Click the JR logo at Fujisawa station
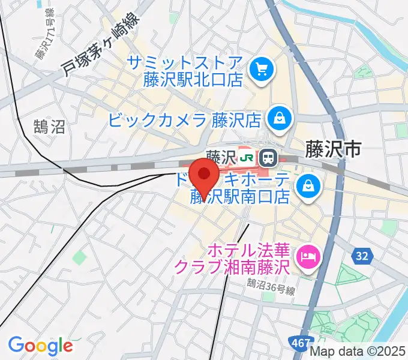(246, 158)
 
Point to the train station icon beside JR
(268, 158)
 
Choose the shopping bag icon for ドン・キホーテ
(308, 185)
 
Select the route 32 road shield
(362, 256)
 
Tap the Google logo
(40, 346)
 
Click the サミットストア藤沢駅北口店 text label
(193, 71)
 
